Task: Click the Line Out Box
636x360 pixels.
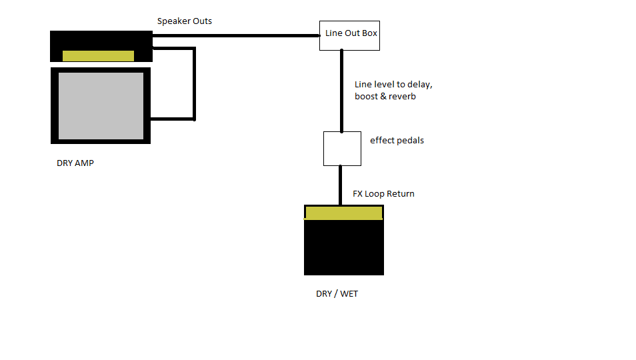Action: pyautogui.click(x=350, y=34)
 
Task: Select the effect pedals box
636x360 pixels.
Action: pyautogui.click(x=342, y=149)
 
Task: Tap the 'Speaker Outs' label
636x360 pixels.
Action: pyautogui.click(x=185, y=21)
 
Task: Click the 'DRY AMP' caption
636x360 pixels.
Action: pyautogui.click(x=75, y=163)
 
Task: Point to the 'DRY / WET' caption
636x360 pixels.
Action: pyautogui.click(x=337, y=294)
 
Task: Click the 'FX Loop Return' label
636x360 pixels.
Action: pyautogui.click(x=383, y=194)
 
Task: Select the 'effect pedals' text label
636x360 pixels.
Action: pyautogui.click(x=397, y=141)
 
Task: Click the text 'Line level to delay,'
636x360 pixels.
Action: pyautogui.click(x=397, y=85)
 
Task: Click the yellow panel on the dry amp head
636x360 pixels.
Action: pyautogui.click(x=98, y=56)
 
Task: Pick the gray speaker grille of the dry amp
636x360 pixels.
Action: pyautogui.click(x=101, y=105)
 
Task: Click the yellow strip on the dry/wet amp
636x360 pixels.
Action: pyautogui.click(x=343, y=213)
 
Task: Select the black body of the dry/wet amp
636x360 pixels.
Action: pyautogui.click(x=343, y=247)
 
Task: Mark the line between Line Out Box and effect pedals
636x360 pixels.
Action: pyautogui.click(x=341, y=91)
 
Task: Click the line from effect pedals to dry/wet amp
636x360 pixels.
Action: pyautogui.click(x=341, y=185)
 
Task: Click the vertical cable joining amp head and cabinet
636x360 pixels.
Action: pyautogui.click(x=194, y=83)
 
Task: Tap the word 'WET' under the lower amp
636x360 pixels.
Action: pyautogui.click(x=349, y=294)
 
